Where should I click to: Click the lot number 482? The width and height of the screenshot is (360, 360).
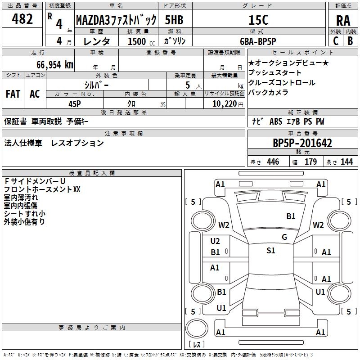click(x=22, y=19)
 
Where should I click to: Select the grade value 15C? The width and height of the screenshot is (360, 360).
click(x=258, y=20)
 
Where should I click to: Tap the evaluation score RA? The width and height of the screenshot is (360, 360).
click(x=343, y=21)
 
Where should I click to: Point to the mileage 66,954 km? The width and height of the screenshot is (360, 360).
click(x=55, y=65)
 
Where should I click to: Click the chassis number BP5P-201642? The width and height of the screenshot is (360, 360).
click(x=302, y=143)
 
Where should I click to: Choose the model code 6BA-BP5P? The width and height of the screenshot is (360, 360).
click(x=258, y=41)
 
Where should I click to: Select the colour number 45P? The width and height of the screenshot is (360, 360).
click(x=75, y=104)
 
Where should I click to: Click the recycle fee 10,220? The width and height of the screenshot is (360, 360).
click(x=224, y=104)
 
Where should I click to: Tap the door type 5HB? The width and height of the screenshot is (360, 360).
click(x=174, y=20)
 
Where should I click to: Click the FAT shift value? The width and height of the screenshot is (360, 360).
click(x=13, y=94)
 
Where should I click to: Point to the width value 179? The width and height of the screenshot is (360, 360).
click(x=310, y=162)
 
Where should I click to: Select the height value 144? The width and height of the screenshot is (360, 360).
click(x=346, y=162)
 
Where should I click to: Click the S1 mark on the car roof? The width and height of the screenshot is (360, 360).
click(x=271, y=251)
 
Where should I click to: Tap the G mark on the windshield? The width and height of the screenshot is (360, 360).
click(x=284, y=237)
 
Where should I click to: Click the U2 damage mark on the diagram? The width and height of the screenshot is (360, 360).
click(x=215, y=241)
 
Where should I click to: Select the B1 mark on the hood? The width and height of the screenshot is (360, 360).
click(x=291, y=216)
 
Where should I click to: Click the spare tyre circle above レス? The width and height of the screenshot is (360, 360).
click(x=197, y=328)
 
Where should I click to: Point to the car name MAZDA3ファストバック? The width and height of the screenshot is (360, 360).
click(x=116, y=20)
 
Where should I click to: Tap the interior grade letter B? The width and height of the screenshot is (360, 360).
click(x=350, y=41)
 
